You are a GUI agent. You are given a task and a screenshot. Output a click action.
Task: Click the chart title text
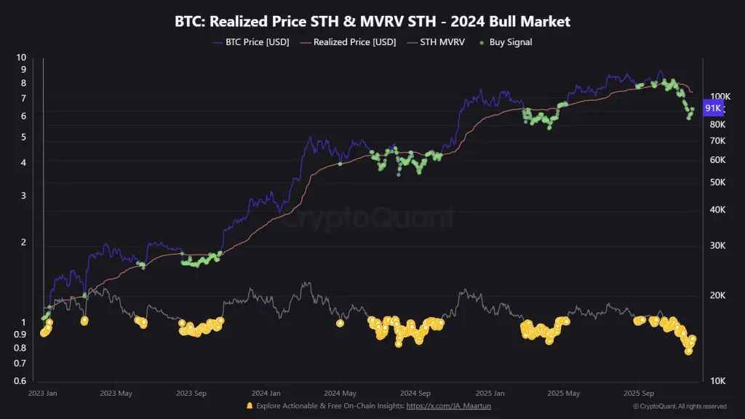point(372,21)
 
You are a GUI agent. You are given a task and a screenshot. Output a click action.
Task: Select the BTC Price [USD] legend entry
point(251,42)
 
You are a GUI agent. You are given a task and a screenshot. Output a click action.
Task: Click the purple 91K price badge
point(714,108)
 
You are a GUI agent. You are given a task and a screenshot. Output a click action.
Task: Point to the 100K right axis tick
point(720,97)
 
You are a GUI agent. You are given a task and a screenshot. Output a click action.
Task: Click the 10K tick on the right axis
point(717,381)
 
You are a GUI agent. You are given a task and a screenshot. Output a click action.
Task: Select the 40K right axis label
point(717,210)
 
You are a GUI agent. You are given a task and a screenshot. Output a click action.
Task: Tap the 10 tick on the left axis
point(22,57)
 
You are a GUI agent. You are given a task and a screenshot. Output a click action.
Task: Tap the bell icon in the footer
point(250,406)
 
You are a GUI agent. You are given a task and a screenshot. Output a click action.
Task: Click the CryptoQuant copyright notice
point(680,406)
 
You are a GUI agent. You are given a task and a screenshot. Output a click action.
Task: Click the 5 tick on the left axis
point(23,137)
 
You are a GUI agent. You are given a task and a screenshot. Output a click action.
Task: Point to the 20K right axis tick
point(717,295)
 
